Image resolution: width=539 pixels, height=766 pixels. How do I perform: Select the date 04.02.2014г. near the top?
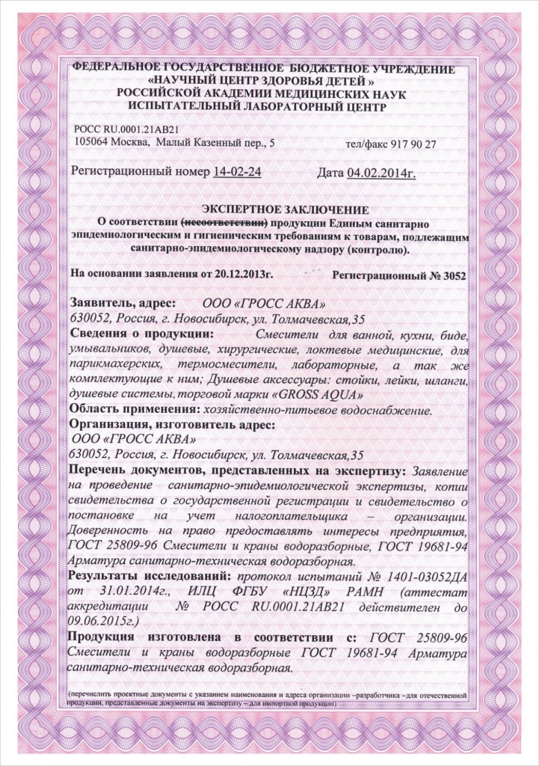click(382, 173)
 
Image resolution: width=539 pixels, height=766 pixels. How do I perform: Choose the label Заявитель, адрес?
click(122, 304)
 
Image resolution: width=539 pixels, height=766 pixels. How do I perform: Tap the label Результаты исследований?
click(150, 577)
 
